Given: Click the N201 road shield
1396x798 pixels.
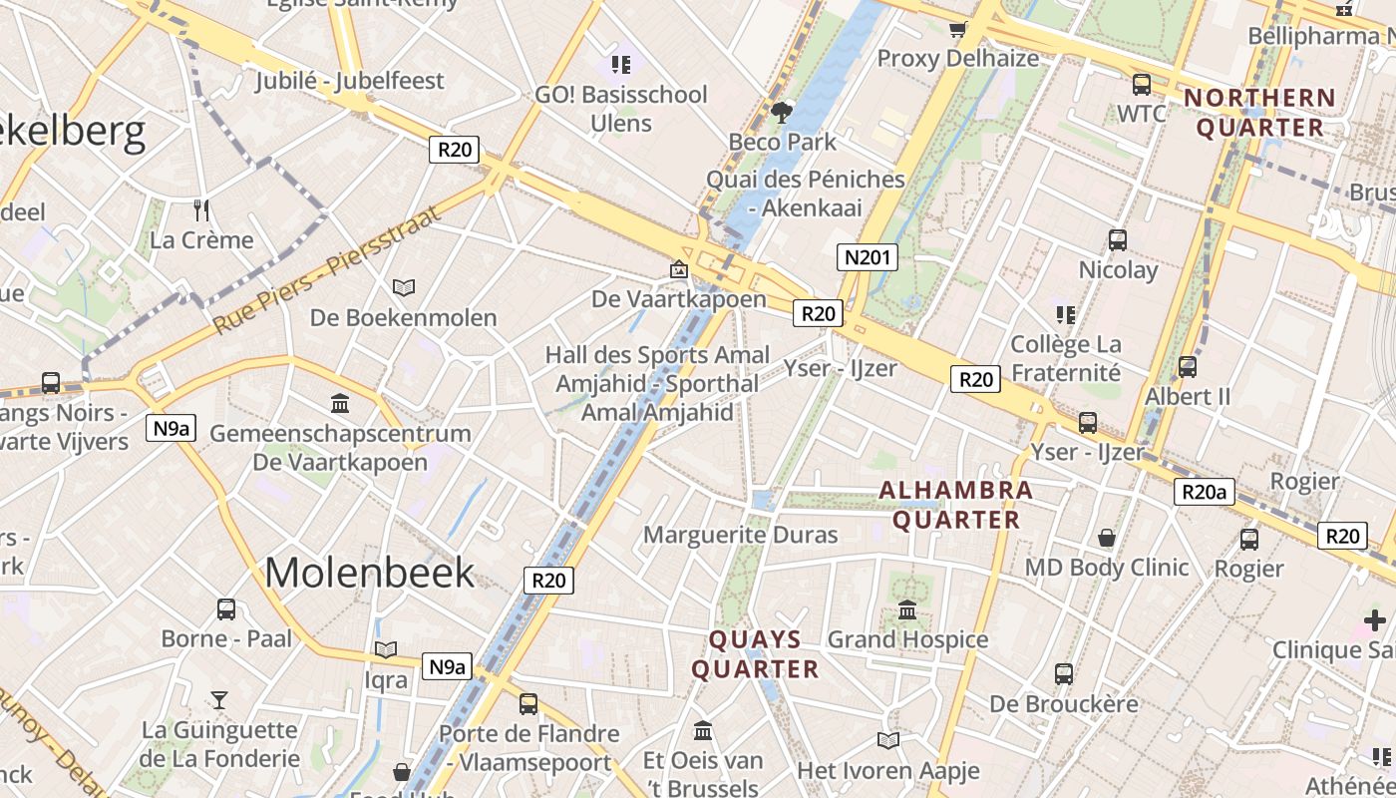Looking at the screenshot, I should (867, 258).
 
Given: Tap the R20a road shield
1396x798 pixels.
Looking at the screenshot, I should (1204, 491).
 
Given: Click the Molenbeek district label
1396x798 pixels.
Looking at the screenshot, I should (370, 573).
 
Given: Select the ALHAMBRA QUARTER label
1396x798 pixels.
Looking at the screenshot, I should (956, 505).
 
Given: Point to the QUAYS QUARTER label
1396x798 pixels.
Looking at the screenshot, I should (756, 654).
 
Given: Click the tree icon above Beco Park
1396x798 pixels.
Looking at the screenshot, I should (782, 113).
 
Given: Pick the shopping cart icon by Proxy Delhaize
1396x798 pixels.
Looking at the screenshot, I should (958, 30).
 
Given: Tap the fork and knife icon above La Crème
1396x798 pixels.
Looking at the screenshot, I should (201, 209).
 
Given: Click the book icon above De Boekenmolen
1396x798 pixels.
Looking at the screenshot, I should (403, 287).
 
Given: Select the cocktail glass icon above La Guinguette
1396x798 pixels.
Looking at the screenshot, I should (219, 700).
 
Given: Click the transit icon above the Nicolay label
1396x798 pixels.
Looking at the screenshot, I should (1118, 240).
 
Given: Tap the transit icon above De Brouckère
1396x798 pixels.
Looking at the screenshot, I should (1064, 674).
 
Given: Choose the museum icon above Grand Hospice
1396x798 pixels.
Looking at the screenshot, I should (907, 609).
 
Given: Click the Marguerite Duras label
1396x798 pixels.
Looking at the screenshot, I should (740, 535).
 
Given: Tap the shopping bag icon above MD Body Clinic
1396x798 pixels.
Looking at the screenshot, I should (1107, 538).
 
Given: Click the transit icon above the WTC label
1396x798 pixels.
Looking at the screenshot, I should (1141, 85).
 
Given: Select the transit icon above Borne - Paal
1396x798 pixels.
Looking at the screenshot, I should (226, 608).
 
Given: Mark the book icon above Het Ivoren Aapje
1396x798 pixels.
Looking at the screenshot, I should (887, 740).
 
